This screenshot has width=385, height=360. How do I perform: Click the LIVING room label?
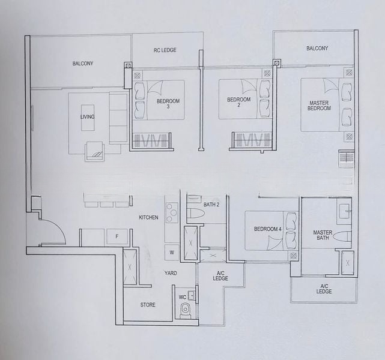(x=87, y=117)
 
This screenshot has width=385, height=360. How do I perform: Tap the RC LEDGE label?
(x=165, y=50)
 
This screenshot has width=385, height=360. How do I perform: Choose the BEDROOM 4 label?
(x=267, y=229)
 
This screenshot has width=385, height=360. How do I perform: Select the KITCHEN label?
(x=148, y=217)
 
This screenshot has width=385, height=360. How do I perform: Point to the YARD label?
(x=171, y=273)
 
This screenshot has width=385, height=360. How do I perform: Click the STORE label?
(x=148, y=305)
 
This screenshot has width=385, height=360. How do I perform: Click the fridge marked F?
(x=117, y=237)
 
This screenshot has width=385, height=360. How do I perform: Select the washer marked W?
(x=172, y=253)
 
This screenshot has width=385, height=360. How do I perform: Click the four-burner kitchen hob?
(x=172, y=212)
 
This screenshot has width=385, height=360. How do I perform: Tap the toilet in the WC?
(x=186, y=310)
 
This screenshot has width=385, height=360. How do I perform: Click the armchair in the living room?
(x=94, y=151)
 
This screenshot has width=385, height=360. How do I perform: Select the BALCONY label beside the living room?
(x=83, y=63)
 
